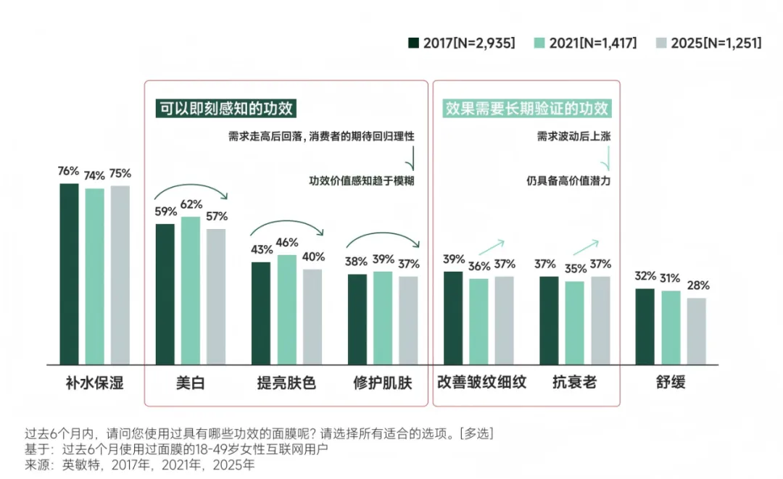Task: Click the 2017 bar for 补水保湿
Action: pyautogui.click(x=70, y=274)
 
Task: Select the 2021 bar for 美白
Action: pyautogui.click(x=190, y=291)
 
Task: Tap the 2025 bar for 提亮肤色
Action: pyautogui.click(x=312, y=317)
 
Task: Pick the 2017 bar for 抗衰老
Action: pyautogui.click(x=549, y=321)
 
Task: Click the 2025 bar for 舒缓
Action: pyautogui.click(x=696, y=331)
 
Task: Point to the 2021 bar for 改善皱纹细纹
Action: pyautogui.click(x=478, y=322)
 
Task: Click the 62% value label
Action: pyautogui.click(x=191, y=204)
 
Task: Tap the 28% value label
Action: pyautogui.click(x=698, y=286)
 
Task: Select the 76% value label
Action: pyautogui.click(x=68, y=171)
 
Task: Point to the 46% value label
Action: pyautogui.click(x=287, y=243)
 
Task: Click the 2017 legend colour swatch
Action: pyautogui.click(x=413, y=43)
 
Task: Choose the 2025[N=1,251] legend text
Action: pyautogui.click(x=716, y=43)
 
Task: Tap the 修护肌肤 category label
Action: pyautogui.click(x=383, y=383)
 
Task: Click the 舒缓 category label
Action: pyautogui.click(x=671, y=383)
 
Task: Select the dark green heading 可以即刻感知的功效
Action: pyautogui.click(x=225, y=108)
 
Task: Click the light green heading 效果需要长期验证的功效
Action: pyautogui.click(x=527, y=108)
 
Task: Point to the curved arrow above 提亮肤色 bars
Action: pyautogui.click(x=286, y=221)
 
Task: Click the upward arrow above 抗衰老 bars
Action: pyautogui.click(x=585, y=248)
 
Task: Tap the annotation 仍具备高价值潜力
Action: pyautogui.click(x=568, y=180)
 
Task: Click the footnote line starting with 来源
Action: pyautogui.click(x=140, y=465)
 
